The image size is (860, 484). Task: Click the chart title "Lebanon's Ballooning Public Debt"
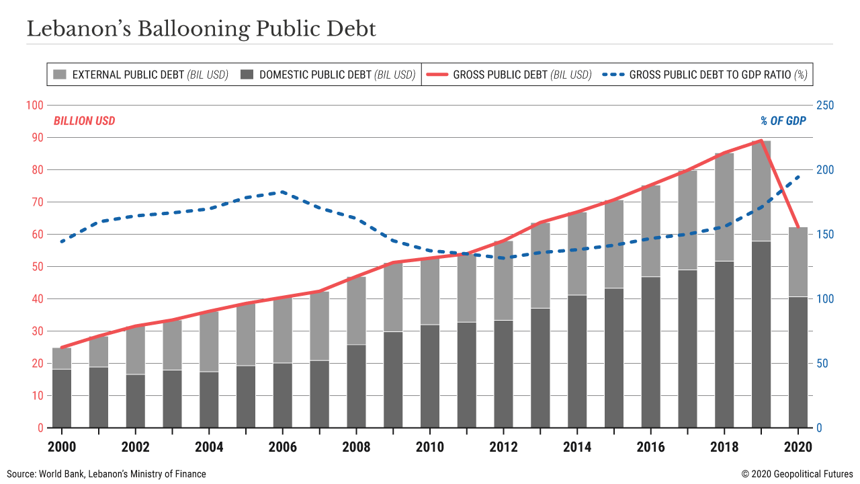pyautogui.click(x=201, y=29)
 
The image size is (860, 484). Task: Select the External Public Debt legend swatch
pyautogui.click(x=60, y=74)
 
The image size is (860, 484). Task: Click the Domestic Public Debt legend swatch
pyautogui.click(x=247, y=74)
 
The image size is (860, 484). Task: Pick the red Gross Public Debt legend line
pyautogui.click(x=437, y=74)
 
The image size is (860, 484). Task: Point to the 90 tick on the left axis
pyautogui.click(x=35, y=138)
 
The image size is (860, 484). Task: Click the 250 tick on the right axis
pyautogui.click(x=825, y=106)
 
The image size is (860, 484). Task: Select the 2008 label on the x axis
pyautogui.click(x=356, y=447)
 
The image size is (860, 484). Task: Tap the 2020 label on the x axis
pyautogui.click(x=798, y=447)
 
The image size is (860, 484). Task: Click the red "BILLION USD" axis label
pyautogui.click(x=84, y=122)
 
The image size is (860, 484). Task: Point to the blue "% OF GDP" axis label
pyautogui.click(x=783, y=122)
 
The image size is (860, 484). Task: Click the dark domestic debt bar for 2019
pyautogui.click(x=761, y=334)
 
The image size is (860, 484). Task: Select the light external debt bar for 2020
pyautogui.click(x=798, y=262)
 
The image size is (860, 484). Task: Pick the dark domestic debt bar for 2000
pyautogui.click(x=62, y=398)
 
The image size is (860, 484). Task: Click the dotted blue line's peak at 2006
pyautogui.click(x=282, y=192)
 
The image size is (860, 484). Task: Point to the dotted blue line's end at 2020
pyautogui.click(x=798, y=177)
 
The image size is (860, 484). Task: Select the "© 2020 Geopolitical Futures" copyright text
pyautogui.click(x=798, y=474)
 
